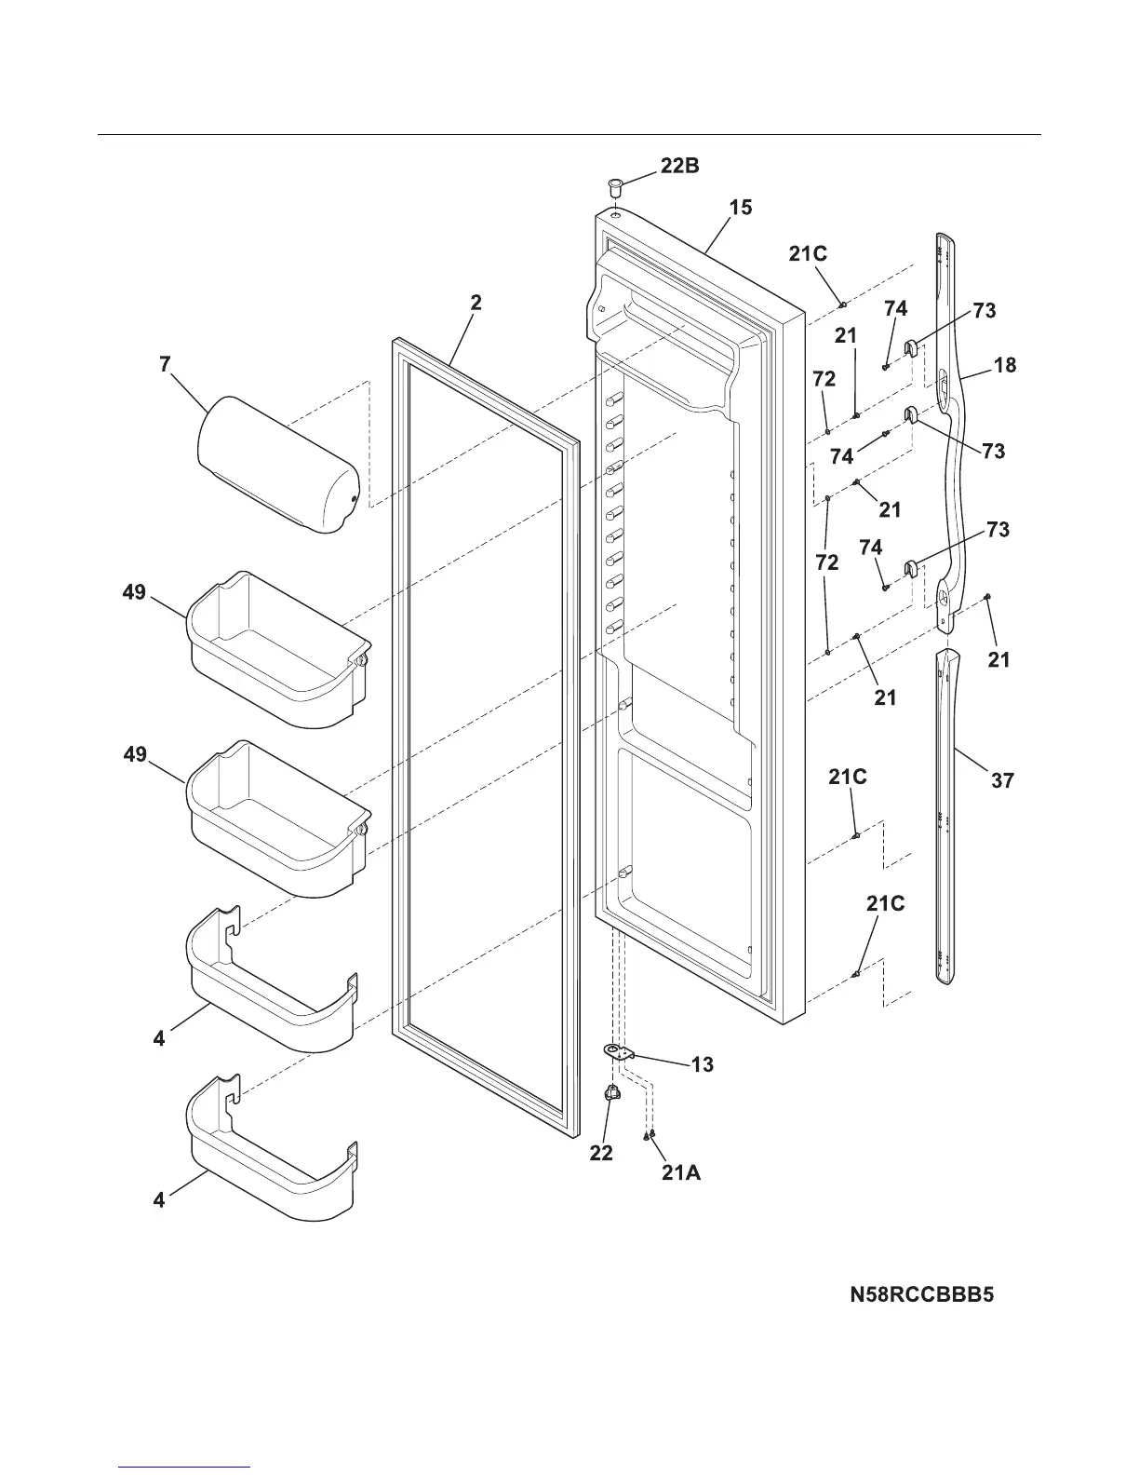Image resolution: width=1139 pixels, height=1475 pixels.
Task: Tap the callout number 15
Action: point(741,207)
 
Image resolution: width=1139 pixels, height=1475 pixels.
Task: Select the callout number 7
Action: point(165,364)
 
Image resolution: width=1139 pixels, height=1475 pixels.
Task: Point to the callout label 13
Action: point(703,1063)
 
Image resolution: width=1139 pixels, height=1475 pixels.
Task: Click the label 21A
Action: point(681,1173)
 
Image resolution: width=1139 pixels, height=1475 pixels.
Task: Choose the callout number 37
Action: point(1001,780)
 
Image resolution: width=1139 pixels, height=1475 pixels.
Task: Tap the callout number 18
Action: point(1005,365)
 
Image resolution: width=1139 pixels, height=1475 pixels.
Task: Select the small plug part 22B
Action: point(615,186)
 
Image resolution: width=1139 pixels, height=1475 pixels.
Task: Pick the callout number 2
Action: point(476,303)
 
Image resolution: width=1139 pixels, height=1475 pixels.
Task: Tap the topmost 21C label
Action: point(808,253)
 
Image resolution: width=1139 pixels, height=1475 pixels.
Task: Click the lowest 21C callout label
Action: point(885,903)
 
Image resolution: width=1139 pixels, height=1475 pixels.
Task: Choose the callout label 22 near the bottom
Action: point(601,1153)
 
